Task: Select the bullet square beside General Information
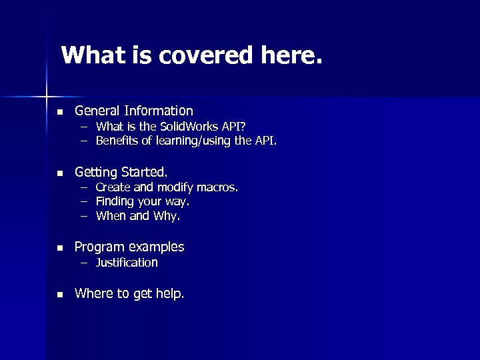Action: tap(60, 111)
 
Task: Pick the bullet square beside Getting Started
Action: tap(60, 173)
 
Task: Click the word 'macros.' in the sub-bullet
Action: tap(215, 187)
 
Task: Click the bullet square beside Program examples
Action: tap(60, 248)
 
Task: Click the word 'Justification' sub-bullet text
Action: tap(127, 263)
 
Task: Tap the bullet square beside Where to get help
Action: tap(60, 294)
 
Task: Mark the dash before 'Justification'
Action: tap(85, 263)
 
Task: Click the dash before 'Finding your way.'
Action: tap(85, 201)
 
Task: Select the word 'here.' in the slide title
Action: tap(290, 55)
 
